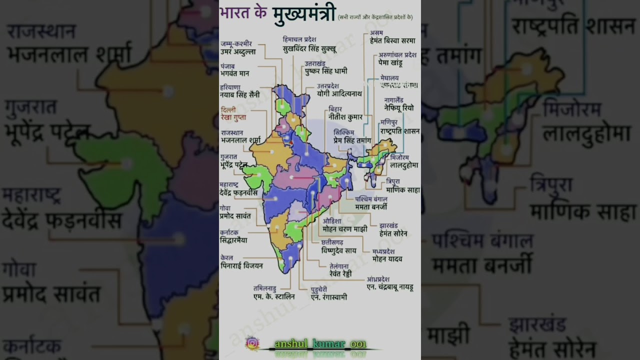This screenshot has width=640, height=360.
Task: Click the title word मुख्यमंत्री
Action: pyautogui.click(x=304, y=14)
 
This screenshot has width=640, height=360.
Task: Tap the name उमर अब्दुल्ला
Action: pyautogui.click(x=238, y=51)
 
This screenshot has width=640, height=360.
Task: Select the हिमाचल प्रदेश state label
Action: pyautogui.click(x=299, y=39)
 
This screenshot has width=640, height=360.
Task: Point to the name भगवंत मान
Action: pyautogui.click(x=235, y=73)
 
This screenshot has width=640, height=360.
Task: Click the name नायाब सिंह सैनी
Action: pyautogui.click(x=239, y=95)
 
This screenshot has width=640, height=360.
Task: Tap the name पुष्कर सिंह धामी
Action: pyautogui.click(x=326, y=71)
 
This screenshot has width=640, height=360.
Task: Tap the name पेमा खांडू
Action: pyautogui.click(x=390, y=63)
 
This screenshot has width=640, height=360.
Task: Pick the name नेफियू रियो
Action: pyautogui.click(x=398, y=107)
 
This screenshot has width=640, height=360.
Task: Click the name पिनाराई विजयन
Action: pyautogui.click(x=241, y=265)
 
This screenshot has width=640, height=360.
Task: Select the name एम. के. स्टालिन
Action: pyautogui.click(x=274, y=296)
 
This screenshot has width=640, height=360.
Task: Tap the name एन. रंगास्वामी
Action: pyautogui.click(x=329, y=297)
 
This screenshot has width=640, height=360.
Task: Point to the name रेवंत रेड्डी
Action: pyautogui.click(x=340, y=274)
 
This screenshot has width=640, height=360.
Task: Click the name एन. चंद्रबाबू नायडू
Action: pyautogui.click(x=390, y=287)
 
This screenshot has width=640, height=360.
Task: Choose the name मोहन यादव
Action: pyautogui.click(x=387, y=259)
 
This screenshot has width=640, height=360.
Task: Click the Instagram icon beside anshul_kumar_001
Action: pyautogui.click(x=252, y=343)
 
